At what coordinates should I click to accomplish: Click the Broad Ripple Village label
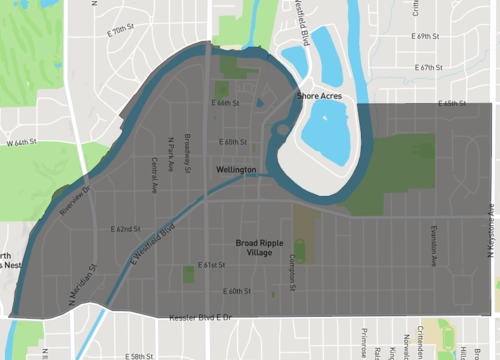(267, 246)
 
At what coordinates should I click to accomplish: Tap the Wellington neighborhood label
(237, 171)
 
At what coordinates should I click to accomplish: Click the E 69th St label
(427, 36)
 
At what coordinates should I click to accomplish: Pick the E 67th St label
(427, 67)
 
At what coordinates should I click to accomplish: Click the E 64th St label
(226, 103)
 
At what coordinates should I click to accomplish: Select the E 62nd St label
(127, 229)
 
